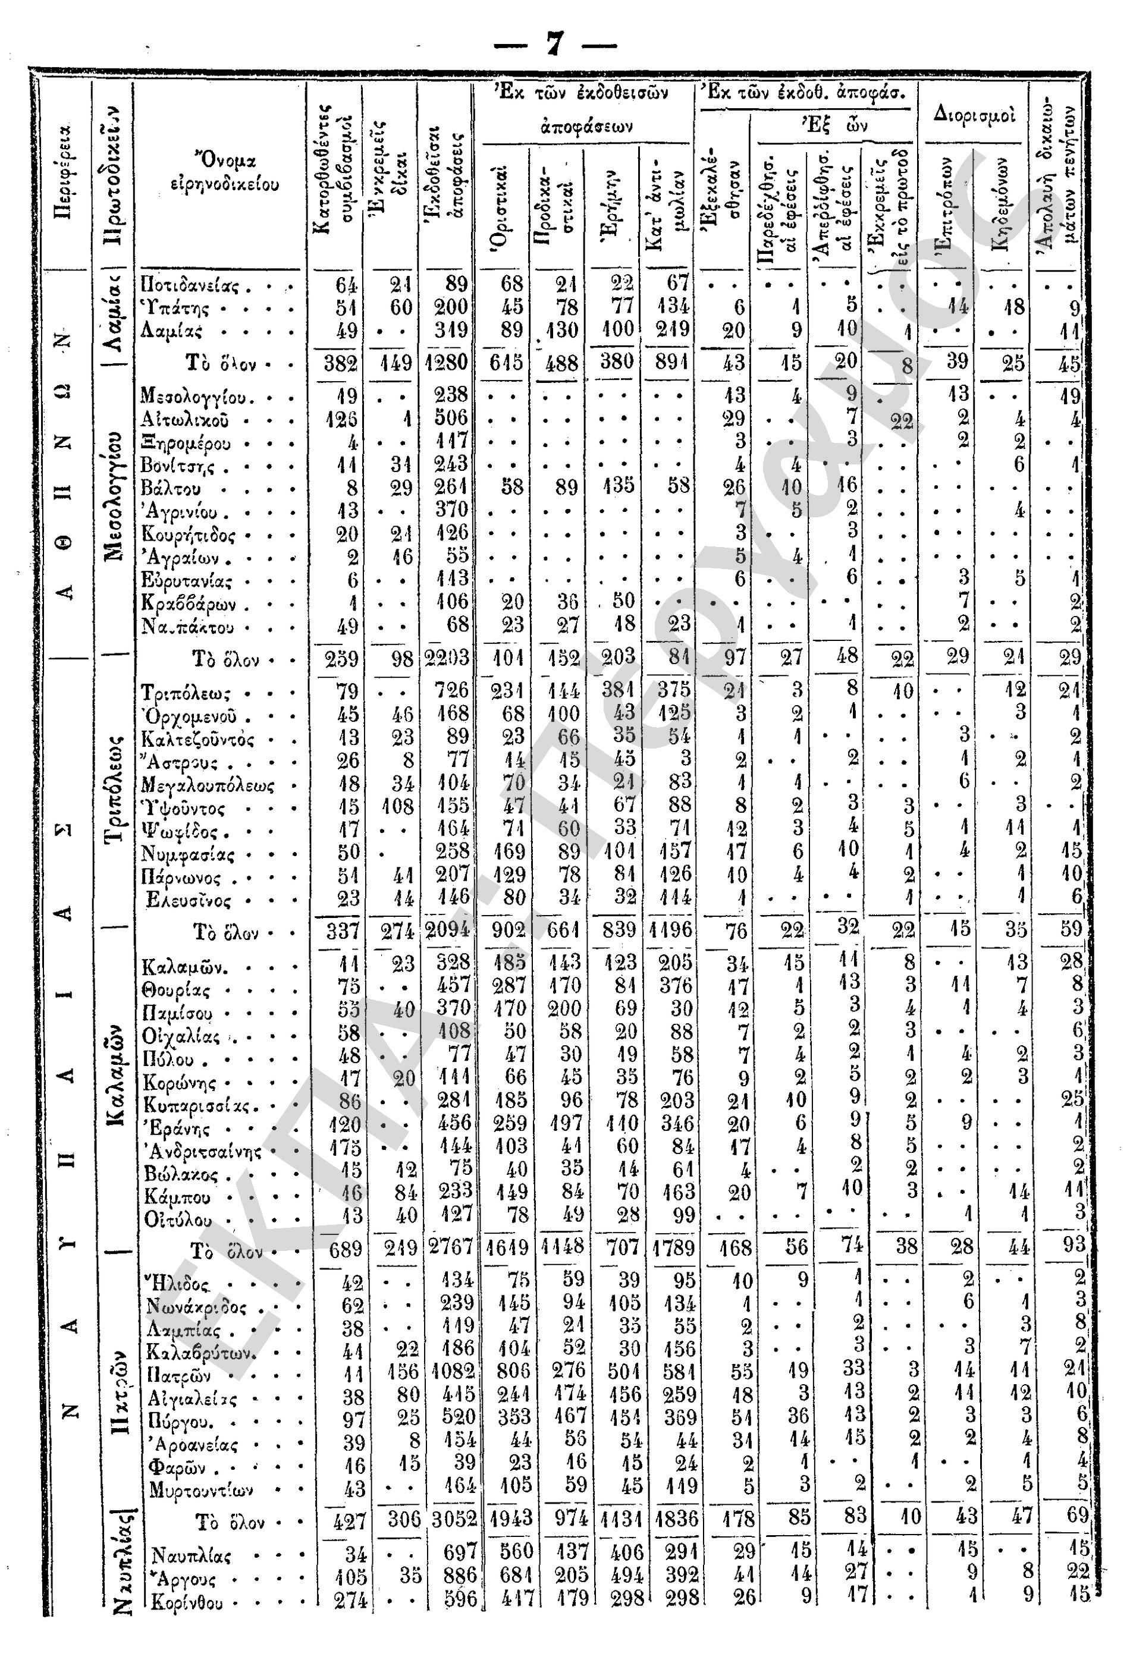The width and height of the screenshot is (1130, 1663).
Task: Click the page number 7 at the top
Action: coord(555,45)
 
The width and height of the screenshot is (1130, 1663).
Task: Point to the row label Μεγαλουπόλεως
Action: coord(208,785)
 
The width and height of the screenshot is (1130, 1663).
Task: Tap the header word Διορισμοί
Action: coord(973,114)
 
